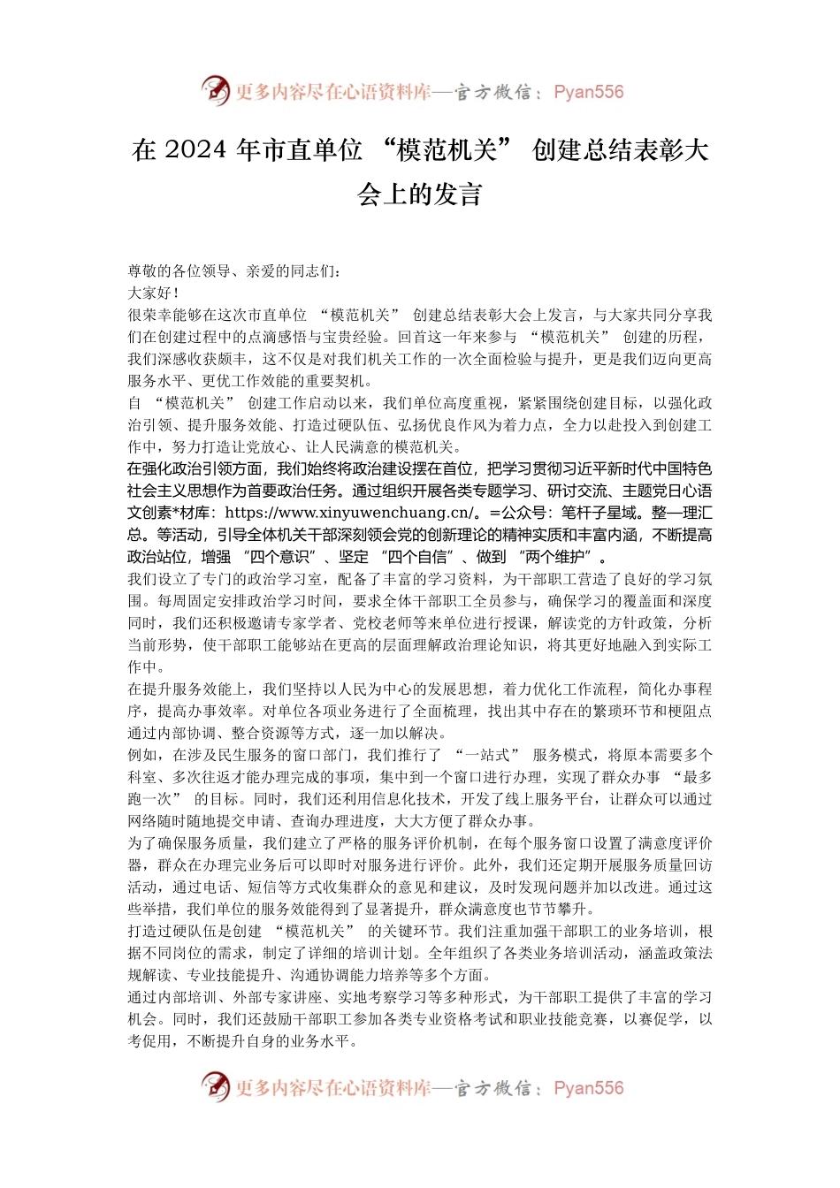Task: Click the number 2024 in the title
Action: pyautogui.click(x=195, y=150)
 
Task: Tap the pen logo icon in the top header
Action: pyautogui.click(x=215, y=90)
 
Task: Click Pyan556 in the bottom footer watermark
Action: pyautogui.click(x=588, y=1088)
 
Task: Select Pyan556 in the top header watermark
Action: pyautogui.click(x=588, y=92)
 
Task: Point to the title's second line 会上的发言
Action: pyautogui.click(x=420, y=194)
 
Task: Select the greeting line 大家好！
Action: pyautogui.click(x=154, y=293)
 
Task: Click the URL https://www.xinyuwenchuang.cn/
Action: pyautogui.click(x=352, y=513)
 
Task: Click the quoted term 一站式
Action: pyautogui.click(x=487, y=755)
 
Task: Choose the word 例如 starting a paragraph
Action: pyautogui.click(x=142, y=755)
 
